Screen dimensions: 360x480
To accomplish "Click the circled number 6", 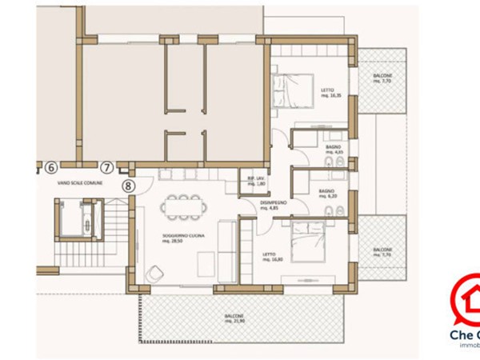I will [50, 168].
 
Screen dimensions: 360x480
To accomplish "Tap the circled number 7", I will [107, 168].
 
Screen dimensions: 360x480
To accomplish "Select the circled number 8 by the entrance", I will [129, 185].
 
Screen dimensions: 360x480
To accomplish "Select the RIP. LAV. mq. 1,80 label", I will [256, 182].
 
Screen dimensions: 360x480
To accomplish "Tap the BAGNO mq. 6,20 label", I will [326, 194].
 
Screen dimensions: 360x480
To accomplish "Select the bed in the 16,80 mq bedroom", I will [307, 244].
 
